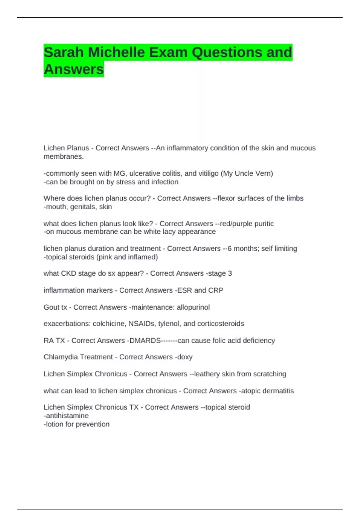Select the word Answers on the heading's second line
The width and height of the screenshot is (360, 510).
[x=74, y=69]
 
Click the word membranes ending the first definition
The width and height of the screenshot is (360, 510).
[x=63, y=157]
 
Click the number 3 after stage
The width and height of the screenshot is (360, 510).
[x=230, y=273]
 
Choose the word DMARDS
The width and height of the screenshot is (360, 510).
[x=145, y=340]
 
